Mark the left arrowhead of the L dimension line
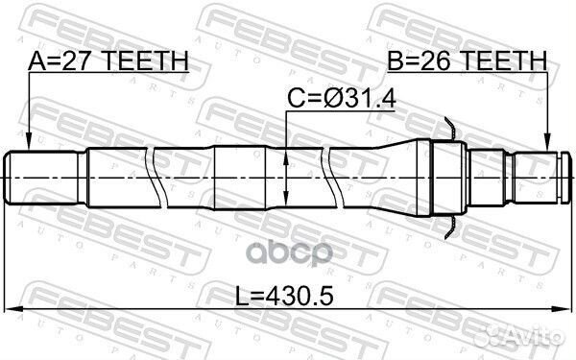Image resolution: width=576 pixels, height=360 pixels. point(12,309)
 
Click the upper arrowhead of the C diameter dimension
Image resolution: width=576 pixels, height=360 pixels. point(288,147)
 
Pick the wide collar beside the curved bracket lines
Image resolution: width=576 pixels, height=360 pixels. point(447,177)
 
